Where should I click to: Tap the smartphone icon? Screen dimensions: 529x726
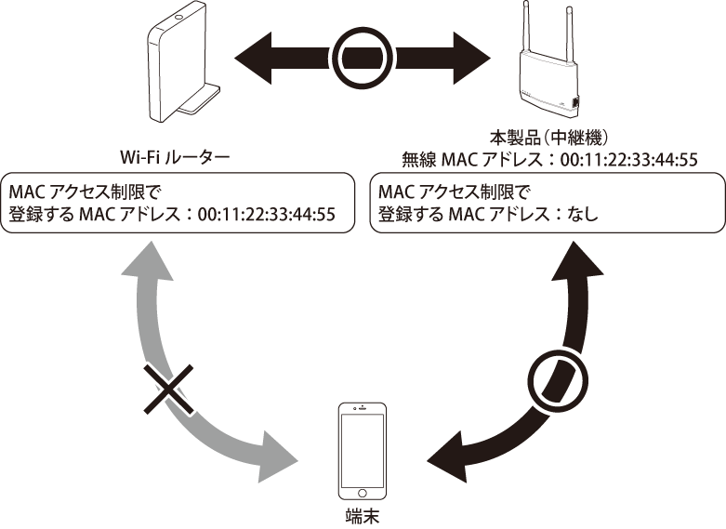pyautogui.click(x=363, y=452)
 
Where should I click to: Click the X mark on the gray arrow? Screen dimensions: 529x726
pyautogui.click(x=169, y=392)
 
